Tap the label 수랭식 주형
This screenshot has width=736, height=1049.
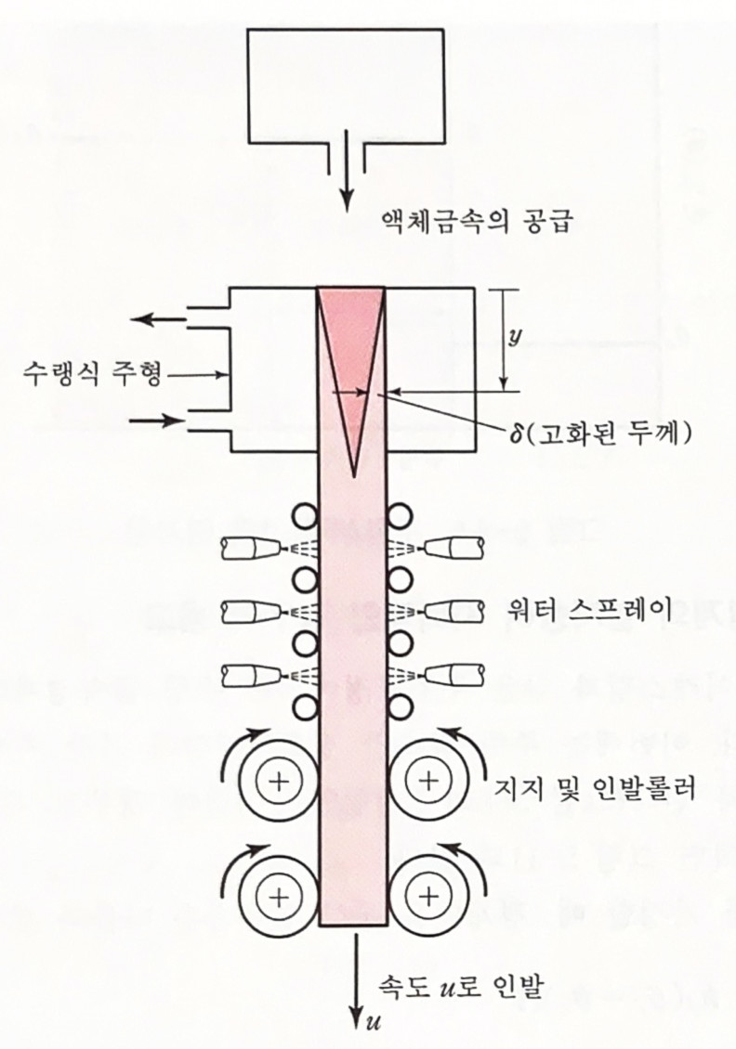pyautogui.click(x=92, y=375)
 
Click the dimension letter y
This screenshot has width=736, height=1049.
pyautogui.click(x=512, y=337)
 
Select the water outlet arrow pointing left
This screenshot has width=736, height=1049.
pyautogui.click(x=158, y=320)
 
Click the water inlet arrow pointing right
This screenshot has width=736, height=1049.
pyautogui.click(x=158, y=421)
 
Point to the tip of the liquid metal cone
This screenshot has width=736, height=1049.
pyautogui.click(x=354, y=474)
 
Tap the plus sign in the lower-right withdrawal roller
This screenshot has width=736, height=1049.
pyautogui.click(x=427, y=896)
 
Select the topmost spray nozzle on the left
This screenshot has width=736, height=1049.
pyautogui.click(x=248, y=549)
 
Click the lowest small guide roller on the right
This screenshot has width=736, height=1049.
pyautogui.click(x=401, y=707)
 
